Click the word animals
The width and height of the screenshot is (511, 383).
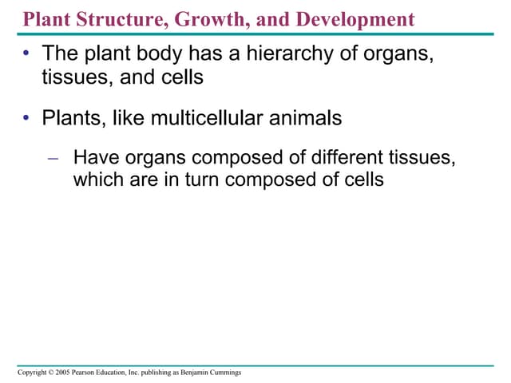303,119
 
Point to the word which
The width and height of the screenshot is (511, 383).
97,180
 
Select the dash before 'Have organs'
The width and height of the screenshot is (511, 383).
53,158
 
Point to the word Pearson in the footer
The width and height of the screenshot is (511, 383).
87,373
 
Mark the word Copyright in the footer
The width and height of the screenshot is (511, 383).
34,373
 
